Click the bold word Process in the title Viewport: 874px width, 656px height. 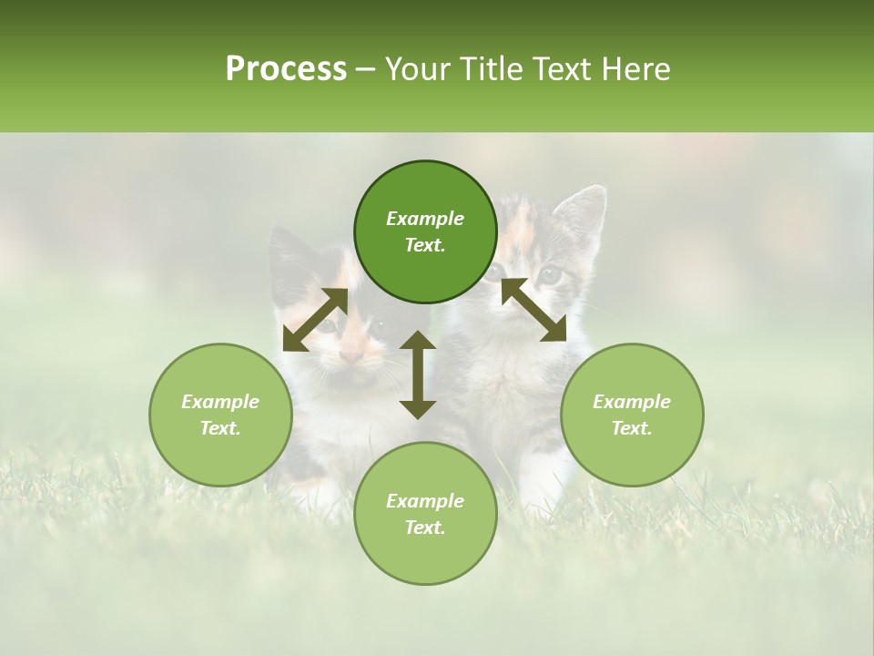[x=286, y=69]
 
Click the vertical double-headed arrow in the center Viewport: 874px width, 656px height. [x=418, y=374]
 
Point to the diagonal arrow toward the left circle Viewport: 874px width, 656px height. [x=315, y=320]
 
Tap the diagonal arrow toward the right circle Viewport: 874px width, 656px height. [x=534, y=310]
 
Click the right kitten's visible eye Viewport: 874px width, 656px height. [x=550, y=273]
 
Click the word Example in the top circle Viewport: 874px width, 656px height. [x=425, y=219]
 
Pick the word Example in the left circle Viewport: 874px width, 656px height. [x=220, y=402]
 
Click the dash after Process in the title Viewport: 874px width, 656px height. [x=365, y=69]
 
